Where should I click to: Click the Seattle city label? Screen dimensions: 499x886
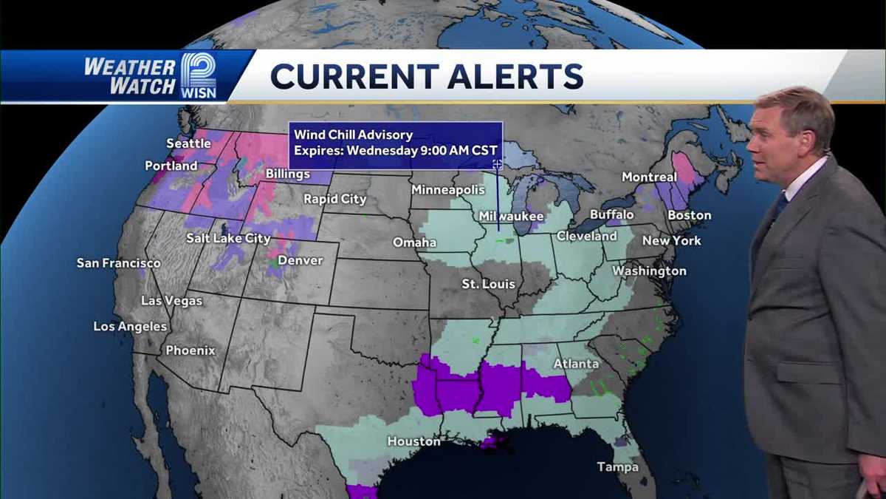tap(188, 143)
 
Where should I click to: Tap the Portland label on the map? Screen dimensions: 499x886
tap(171, 166)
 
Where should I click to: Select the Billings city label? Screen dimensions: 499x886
tap(288, 174)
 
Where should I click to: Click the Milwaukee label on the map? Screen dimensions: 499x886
tap(511, 217)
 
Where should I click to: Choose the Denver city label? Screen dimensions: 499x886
tap(301, 260)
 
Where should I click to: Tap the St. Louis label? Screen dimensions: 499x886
tap(488, 284)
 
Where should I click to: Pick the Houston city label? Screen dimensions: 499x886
tap(413, 441)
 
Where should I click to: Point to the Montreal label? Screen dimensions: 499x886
tap(649, 177)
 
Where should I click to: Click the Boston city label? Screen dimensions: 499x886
tap(689, 215)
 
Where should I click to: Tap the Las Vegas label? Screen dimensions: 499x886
tap(171, 301)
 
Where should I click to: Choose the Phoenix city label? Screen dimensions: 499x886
tap(190, 350)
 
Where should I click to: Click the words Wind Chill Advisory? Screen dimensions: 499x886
tap(353, 135)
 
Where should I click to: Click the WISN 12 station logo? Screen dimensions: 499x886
tap(199, 76)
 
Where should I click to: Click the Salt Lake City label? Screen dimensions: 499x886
tap(228, 239)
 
